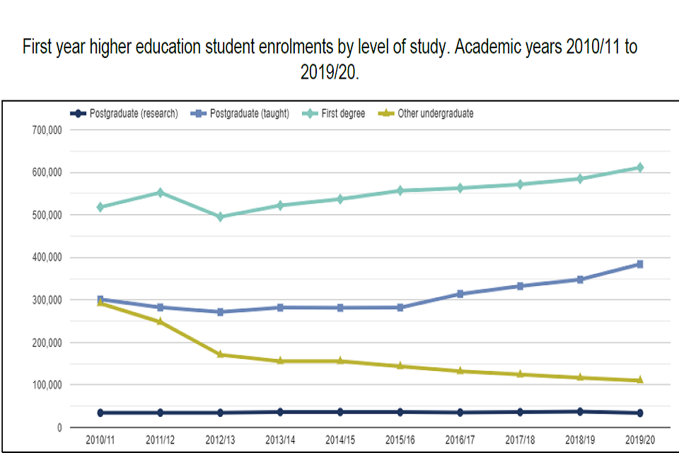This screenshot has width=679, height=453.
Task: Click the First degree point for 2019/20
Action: tap(640, 168)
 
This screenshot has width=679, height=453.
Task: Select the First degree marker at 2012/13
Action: tap(220, 217)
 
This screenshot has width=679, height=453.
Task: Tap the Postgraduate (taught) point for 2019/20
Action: tap(640, 264)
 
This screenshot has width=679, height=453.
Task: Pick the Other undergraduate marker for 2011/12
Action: tap(161, 321)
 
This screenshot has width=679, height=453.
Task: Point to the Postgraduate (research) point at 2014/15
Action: tap(340, 412)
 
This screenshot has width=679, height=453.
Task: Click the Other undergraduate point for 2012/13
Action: tap(220, 355)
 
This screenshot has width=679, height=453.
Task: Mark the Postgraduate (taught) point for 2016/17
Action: tap(460, 294)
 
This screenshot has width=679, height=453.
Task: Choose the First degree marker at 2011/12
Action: tap(161, 193)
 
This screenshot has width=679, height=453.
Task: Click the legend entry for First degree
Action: tap(343, 113)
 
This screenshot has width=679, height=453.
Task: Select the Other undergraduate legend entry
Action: tap(435, 113)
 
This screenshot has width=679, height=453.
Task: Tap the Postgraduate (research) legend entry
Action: tap(133, 113)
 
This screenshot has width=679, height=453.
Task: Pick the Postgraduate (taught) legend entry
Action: tap(249, 113)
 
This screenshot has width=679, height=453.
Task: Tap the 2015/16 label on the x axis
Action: tap(400, 440)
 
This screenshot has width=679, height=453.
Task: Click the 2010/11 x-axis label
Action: tap(100, 440)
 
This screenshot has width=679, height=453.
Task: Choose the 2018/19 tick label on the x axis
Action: tap(581, 440)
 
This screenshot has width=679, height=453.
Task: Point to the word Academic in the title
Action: tap(486, 48)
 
